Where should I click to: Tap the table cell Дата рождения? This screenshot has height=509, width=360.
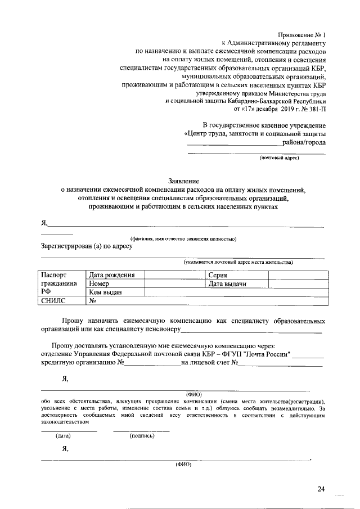tap(111, 275)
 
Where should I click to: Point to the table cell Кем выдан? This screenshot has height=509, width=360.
tap(105, 292)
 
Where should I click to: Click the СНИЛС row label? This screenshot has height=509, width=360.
tap(54, 301)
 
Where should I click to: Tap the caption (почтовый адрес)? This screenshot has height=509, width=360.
tap(279, 158)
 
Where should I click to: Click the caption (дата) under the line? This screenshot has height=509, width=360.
tap(62, 435)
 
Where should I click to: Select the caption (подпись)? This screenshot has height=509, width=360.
tap(142, 435)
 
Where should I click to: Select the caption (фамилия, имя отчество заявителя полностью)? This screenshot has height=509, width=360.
tap(183, 238)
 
